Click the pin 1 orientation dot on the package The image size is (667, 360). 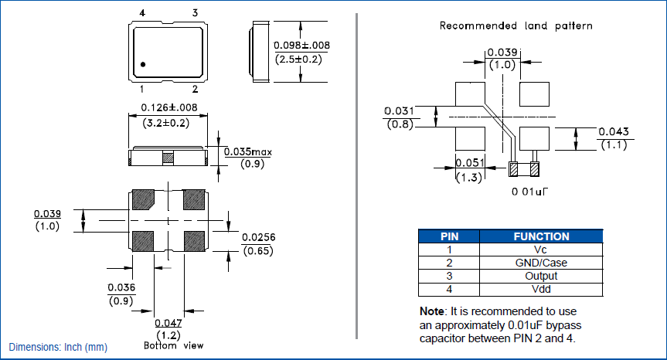click(145, 63)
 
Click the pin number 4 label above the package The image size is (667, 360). click(142, 13)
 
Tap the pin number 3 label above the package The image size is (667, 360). click(195, 13)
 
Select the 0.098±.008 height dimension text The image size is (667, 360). click(301, 46)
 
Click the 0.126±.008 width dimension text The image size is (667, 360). click(167, 107)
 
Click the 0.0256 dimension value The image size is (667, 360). click(258, 237)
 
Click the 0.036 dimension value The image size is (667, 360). click(121, 287)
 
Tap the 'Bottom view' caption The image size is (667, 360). click(174, 345)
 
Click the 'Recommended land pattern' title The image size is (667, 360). click(516, 25)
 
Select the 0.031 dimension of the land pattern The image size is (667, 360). click(400, 110)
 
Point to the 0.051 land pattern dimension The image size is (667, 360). click(468, 162)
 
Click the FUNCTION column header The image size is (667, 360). click(541, 236)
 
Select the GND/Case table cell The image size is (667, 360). click(541, 263)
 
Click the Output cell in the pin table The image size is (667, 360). click(541, 276)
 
